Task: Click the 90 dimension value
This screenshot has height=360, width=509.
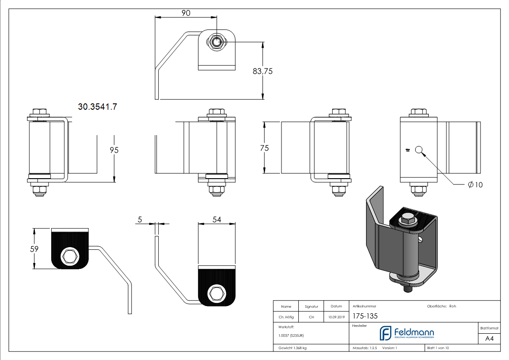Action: coord(186,13)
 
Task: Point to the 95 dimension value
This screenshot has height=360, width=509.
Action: coord(114,150)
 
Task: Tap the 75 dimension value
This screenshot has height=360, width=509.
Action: coord(265,148)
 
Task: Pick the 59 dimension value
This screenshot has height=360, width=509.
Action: coord(34,248)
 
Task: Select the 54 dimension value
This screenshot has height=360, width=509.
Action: coord(217,219)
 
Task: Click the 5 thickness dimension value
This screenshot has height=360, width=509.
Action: coord(140,219)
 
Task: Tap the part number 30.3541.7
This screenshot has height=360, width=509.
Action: coord(97,107)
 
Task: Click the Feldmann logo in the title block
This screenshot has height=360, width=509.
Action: coord(406,334)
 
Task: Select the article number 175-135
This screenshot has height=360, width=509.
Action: coord(365,316)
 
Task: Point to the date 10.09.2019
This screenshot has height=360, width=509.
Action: coord(336,317)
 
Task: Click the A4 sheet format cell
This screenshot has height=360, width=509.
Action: coord(489,339)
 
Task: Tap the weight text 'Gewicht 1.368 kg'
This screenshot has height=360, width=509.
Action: coord(293,348)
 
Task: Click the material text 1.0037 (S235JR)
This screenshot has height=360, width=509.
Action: coord(291,336)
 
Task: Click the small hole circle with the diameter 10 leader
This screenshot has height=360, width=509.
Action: coord(419,150)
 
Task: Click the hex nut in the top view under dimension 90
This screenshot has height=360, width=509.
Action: coord(217,42)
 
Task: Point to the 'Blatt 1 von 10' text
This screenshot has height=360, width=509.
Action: coord(438,348)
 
